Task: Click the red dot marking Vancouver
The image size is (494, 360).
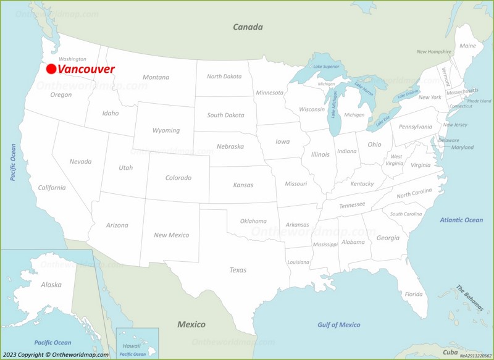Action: (x=51, y=69)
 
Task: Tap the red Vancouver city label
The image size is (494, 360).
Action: (x=86, y=69)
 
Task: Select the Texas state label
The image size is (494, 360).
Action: (x=238, y=270)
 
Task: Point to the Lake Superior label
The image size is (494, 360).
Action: (x=326, y=67)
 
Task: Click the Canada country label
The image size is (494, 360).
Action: (x=248, y=27)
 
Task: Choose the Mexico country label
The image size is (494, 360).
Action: (x=191, y=324)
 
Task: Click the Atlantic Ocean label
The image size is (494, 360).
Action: (x=461, y=220)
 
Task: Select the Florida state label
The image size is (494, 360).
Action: (x=414, y=294)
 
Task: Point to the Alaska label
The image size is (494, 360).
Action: (x=51, y=285)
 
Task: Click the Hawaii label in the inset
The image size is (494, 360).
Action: (x=132, y=346)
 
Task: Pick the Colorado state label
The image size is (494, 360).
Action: (x=178, y=178)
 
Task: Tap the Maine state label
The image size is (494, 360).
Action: (x=467, y=46)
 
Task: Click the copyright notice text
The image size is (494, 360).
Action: (x=56, y=354)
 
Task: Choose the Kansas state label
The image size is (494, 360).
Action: (x=243, y=185)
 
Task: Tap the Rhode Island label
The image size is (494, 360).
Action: (x=479, y=101)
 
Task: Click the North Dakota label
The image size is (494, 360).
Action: (x=224, y=77)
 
